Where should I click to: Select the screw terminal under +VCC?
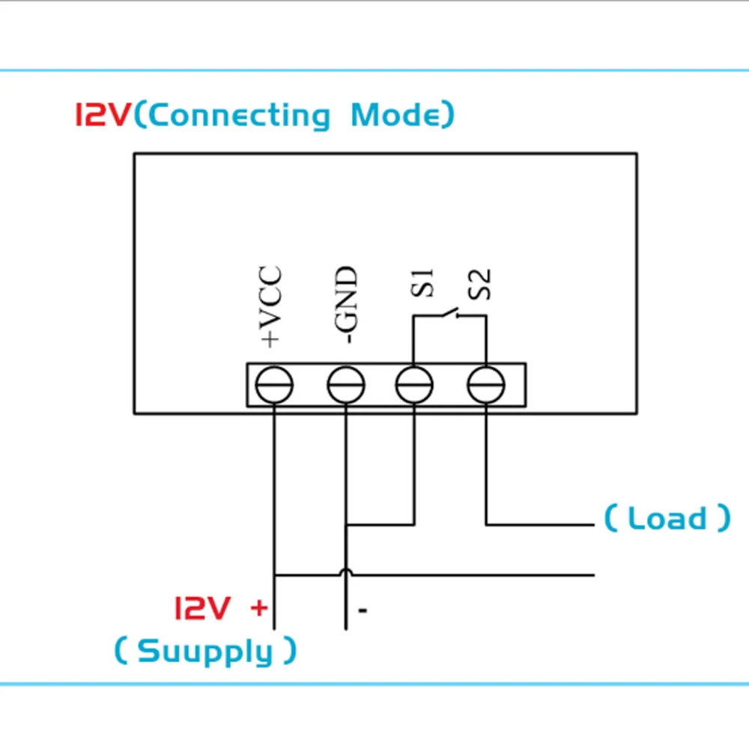(x=274, y=386)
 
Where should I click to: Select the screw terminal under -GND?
(x=346, y=386)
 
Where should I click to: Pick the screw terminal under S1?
(x=414, y=386)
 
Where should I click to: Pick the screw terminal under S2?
(x=486, y=386)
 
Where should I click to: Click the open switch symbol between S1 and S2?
(x=449, y=313)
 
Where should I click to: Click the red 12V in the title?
(x=103, y=115)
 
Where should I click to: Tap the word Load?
(x=667, y=518)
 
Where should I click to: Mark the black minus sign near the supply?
(x=363, y=611)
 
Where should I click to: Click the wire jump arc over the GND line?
(x=346, y=571)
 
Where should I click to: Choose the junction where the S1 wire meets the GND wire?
(x=346, y=524)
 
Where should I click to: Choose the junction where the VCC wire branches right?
(x=274, y=575)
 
